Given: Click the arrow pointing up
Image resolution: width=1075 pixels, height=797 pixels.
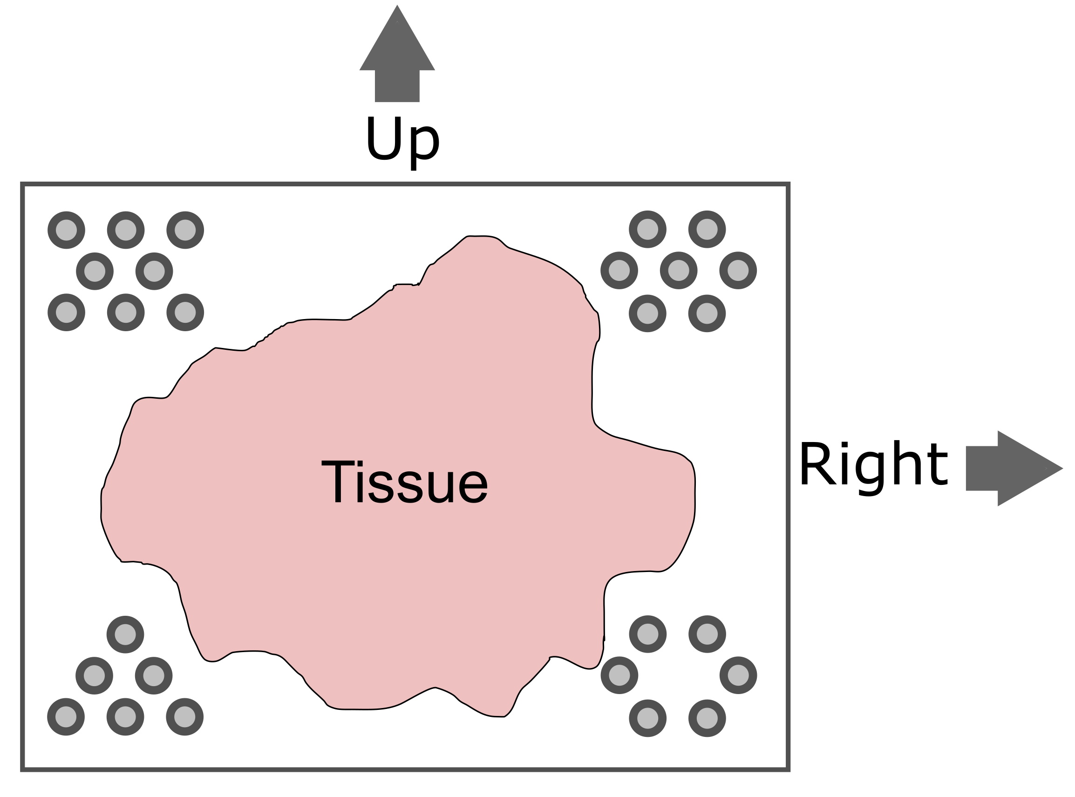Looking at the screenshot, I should (x=397, y=58).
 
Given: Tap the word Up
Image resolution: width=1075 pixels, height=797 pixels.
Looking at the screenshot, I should (x=402, y=141).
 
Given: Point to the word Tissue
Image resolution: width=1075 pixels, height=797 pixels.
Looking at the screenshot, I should (x=405, y=482).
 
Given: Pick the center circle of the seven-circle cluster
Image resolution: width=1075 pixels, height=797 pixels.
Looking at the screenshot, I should (x=678, y=271).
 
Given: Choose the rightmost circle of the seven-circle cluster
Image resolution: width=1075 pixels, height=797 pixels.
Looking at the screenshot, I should (x=738, y=271).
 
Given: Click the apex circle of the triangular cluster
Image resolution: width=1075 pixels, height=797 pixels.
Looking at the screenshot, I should (x=125, y=634).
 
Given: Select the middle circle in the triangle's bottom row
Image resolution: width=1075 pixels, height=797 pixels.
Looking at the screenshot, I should (x=125, y=717).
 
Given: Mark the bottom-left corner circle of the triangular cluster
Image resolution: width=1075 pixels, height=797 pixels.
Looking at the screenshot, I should (x=66, y=717).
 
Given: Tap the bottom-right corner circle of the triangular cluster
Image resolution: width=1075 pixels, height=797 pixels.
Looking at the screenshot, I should (x=185, y=717).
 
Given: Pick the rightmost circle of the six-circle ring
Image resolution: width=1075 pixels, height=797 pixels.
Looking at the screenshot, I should (x=738, y=675).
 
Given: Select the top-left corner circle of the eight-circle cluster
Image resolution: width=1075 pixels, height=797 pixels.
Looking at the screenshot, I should (x=66, y=230).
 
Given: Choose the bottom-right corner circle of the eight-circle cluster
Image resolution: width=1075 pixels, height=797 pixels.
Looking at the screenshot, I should (x=185, y=313).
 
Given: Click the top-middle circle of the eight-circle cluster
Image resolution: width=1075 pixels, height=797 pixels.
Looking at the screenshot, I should (x=125, y=230).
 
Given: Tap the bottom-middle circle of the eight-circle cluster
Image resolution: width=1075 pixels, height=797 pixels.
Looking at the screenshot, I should (x=125, y=313).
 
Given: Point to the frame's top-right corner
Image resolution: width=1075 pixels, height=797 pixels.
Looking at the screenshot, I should (x=788, y=184).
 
